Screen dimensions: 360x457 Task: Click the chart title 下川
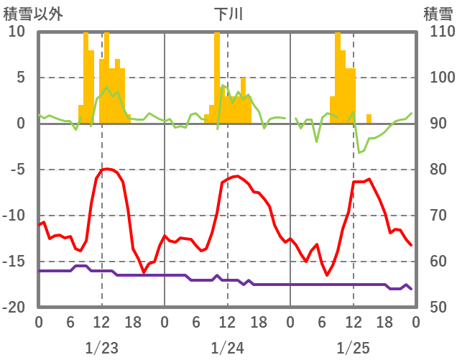[228, 13]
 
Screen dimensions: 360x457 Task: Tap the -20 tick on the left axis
[15, 308]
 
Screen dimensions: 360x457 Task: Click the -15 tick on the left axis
[15, 262]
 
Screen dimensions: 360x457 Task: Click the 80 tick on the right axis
[434, 170]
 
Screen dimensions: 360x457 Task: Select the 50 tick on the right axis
[434, 308]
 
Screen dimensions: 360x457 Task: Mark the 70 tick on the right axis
[434, 216]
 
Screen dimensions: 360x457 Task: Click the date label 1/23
[101, 348]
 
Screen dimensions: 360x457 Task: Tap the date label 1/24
[227, 348]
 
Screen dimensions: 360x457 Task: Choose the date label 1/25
[353, 348]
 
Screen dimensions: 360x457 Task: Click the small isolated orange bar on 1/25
[369, 119]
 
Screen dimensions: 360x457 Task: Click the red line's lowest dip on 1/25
[327, 274]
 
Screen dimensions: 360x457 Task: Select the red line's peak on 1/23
[107, 169]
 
